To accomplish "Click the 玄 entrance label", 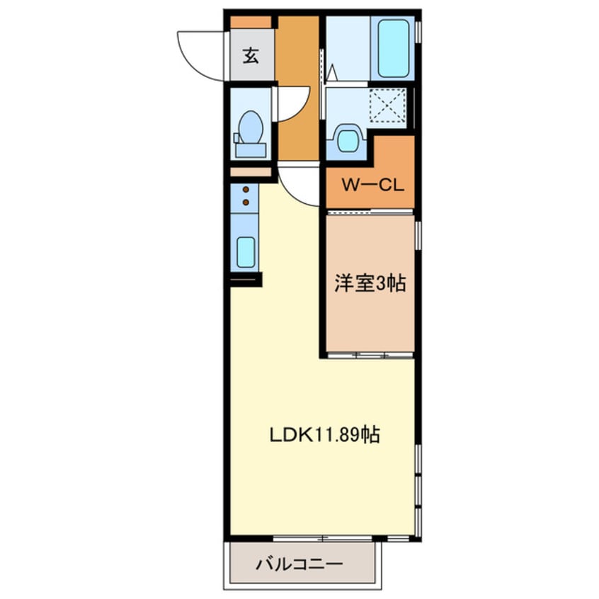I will pos(251,55).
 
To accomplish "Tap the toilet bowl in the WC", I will pos(250,129).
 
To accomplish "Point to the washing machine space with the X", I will pos(387,107).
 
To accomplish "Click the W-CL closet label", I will pos(372,186).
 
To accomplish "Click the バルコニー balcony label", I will pos(299,564).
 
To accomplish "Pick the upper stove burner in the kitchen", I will pos(246,190).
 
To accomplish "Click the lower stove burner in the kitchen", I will pos(246,202).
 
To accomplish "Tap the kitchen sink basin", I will pos(246,251).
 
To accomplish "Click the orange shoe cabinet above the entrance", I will pos(251,22).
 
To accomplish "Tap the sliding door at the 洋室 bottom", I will pos(370,353).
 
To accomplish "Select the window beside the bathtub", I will pos(418,32).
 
